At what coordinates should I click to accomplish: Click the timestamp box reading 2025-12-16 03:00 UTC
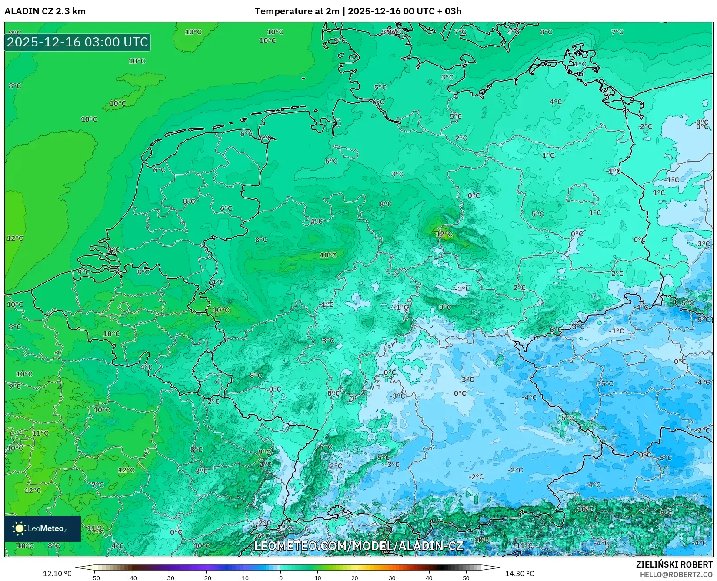(77, 42)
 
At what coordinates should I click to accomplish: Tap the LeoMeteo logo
(43, 528)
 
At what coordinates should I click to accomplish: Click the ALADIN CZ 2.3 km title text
(45, 11)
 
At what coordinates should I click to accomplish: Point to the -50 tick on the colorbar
(95, 578)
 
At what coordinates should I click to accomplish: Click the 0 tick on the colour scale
(280, 578)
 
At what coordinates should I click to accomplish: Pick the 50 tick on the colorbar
(466, 578)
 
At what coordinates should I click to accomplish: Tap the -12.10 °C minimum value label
(56, 574)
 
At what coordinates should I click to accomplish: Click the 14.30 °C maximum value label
(519, 574)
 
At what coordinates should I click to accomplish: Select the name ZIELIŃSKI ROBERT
(674, 564)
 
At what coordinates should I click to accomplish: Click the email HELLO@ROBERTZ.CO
(676, 574)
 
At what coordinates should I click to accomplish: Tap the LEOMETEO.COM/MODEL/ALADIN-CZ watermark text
(358, 546)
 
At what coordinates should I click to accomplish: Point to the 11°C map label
(40, 433)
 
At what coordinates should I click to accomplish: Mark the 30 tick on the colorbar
(392, 578)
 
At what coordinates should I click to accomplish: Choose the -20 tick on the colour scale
(206, 578)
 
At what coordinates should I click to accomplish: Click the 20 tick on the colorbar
(355, 578)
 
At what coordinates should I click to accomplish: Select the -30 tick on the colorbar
(169, 578)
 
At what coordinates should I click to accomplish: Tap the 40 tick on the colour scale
(429, 578)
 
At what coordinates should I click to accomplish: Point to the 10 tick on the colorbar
(318, 578)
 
